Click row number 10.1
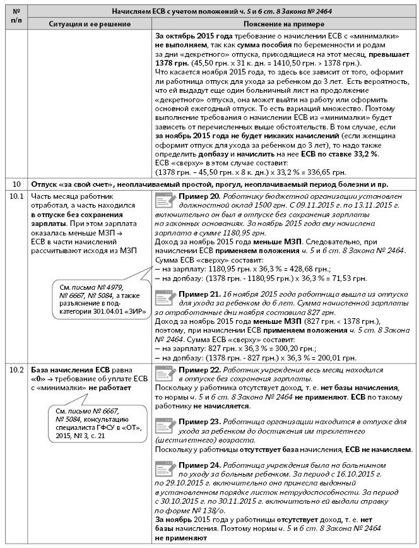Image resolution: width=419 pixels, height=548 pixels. coord(16,196)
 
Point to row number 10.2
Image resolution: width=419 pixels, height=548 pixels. coord(16,370)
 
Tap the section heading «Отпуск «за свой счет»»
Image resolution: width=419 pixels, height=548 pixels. coord(64,184)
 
